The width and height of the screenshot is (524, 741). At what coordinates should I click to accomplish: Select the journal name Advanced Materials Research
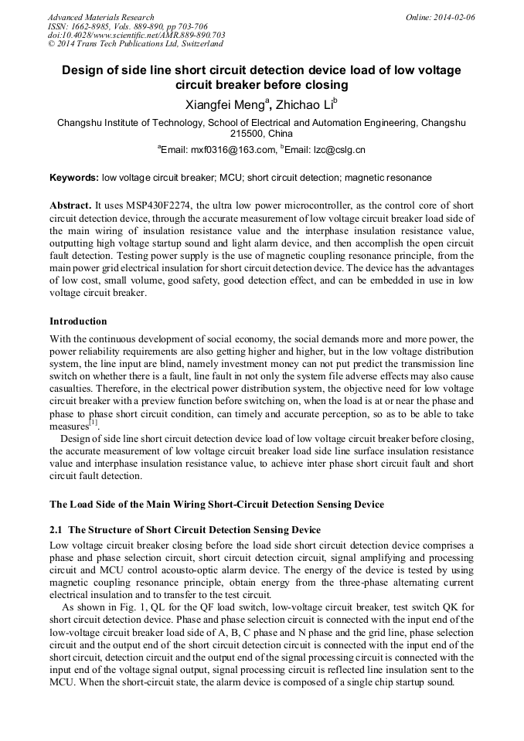(100, 17)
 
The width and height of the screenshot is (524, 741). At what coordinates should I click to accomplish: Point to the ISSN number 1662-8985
(93, 26)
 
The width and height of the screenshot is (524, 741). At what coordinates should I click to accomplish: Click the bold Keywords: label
(74, 178)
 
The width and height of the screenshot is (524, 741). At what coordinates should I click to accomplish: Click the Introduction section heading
(78, 321)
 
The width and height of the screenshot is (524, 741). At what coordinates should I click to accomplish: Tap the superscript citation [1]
(93, 423)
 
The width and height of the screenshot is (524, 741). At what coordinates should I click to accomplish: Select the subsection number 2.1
(56, 529)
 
